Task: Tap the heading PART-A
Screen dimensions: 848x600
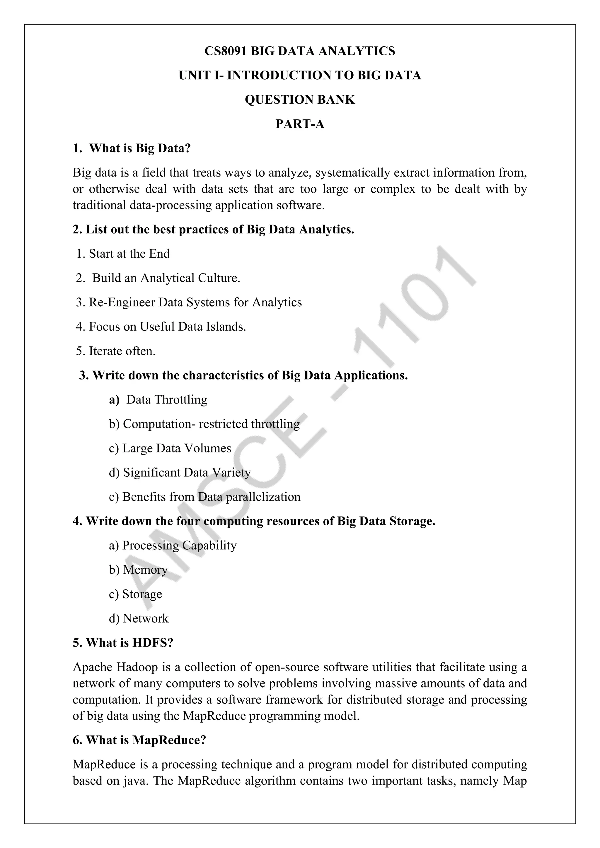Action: click(300, 124)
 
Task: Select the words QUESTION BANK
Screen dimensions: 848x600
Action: click(300, 100)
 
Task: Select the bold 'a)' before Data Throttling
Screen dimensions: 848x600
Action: click(114, 400)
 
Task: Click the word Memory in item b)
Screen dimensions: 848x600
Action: click(145, 570)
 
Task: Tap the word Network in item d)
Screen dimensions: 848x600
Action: click(146, 619)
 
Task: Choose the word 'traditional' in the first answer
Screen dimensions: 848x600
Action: click(99, 205)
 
